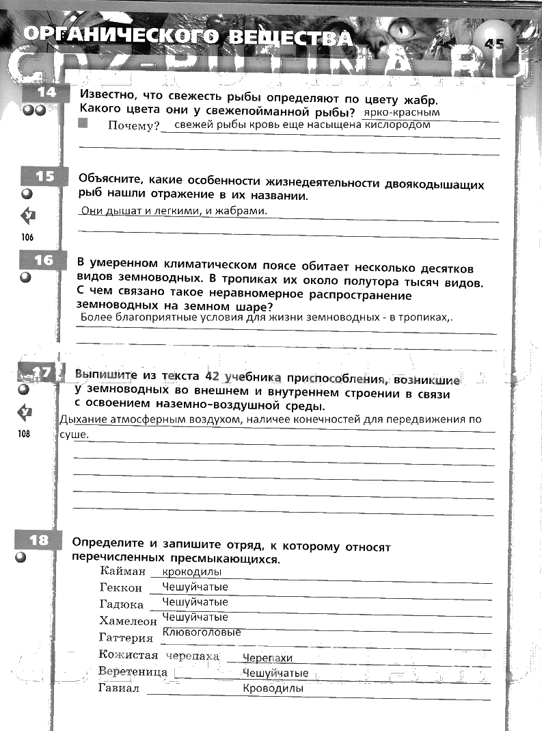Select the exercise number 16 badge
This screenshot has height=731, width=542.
pyautogui.click(x=44, y=260)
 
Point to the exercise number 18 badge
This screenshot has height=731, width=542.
pyautogui.click(x=40, y=540)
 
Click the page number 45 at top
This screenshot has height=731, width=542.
pyautogui.click(x=493, y=43)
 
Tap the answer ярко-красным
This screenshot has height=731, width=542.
pyautogui.click(x=402, y=112)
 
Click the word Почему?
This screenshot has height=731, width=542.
pyautogui.click(x=133, y=126)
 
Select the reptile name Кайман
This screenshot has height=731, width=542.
pyautogui.click(x=123, y=571)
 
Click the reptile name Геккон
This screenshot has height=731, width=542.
pyautogui.click(x=120, y=587)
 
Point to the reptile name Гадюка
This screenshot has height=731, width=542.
pyautogui.click(x=121, y=604)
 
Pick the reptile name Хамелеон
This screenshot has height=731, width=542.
pyautogui.click(x=128, y=621)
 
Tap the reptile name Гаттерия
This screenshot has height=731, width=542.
pyautogui.click(x=126, y=638)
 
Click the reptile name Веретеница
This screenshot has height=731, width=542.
pyautogui.click(x=133, y=671)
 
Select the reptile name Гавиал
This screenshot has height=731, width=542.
pyautogui.click(x=119, y=689)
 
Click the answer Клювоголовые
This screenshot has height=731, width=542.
pyautogui.click(x=202, y=632)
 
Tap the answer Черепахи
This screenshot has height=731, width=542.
pyautogui.click(x=267, y=658)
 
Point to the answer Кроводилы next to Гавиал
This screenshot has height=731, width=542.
pyautogui.click(x=273, y=689)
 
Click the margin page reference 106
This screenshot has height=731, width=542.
pyautogui.click(x=27, y=237)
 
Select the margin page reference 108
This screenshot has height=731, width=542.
pyautogui.click(x=25, y=433)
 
